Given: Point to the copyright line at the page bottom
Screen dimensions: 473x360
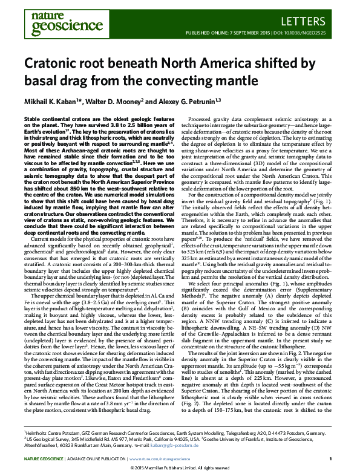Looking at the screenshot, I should tap(180, 468).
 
